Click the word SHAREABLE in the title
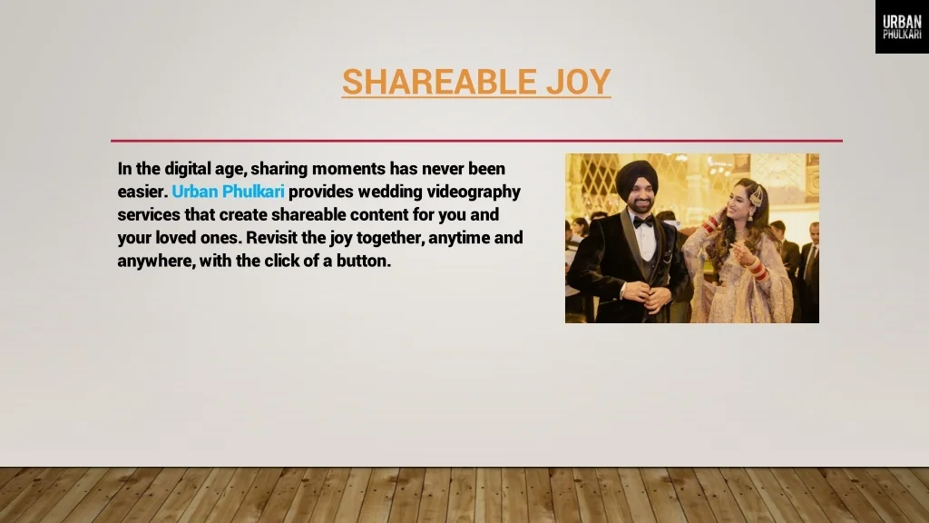[439, 82]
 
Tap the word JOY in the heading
[578, 82]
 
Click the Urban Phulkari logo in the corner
[902, 26]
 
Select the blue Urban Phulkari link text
[229, 192]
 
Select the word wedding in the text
[390, 192]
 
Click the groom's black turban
[636, 175]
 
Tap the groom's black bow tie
[643, 222]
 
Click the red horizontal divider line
[476, 141]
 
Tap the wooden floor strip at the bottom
[464, 495]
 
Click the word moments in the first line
[349, 168]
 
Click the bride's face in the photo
[741, 202]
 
